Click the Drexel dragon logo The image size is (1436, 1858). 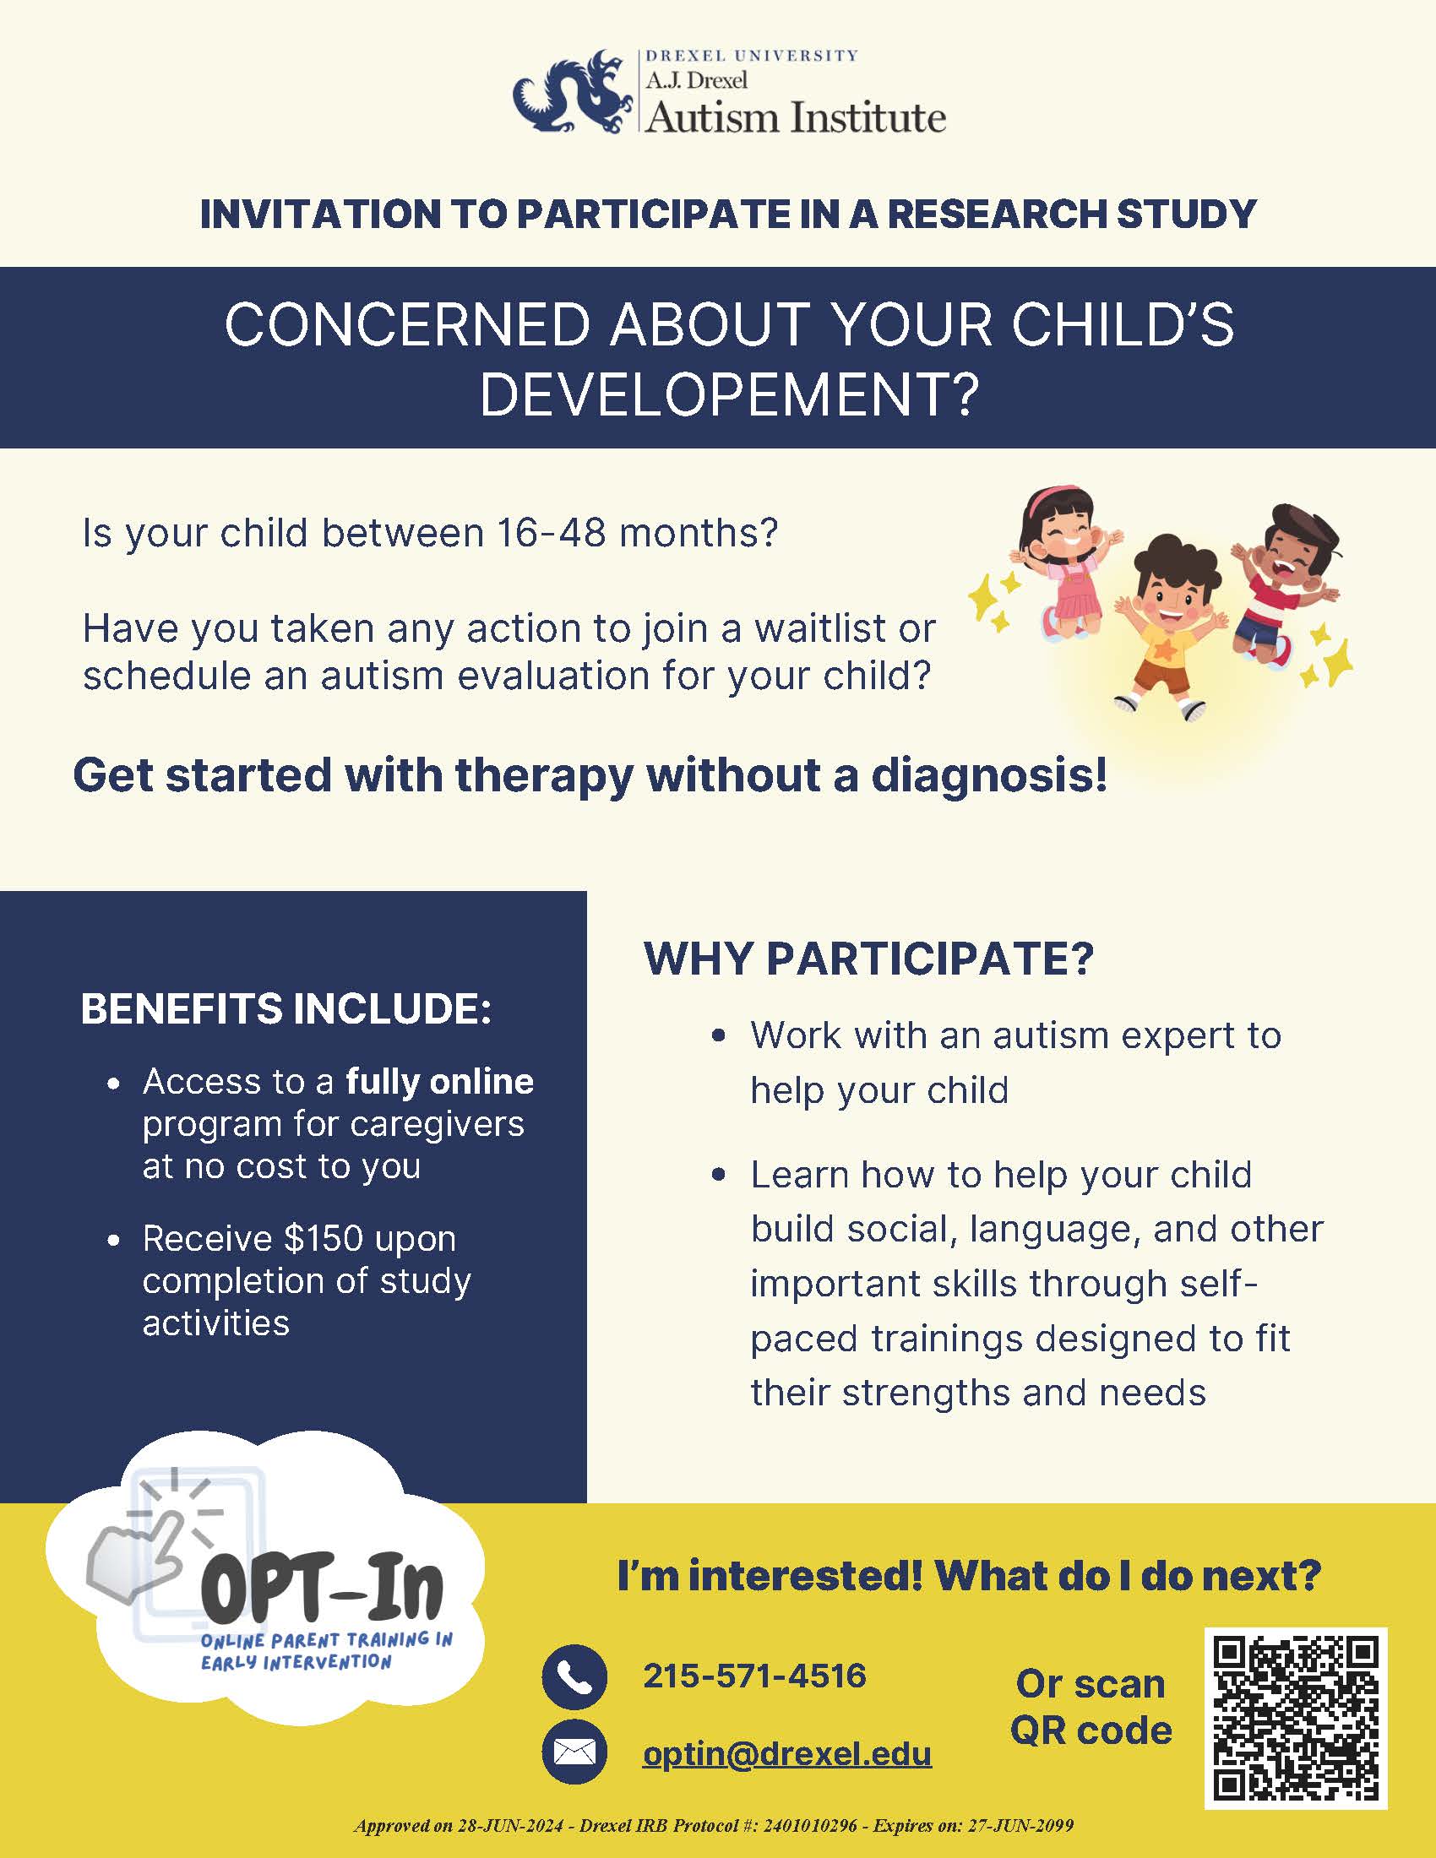point(574,93)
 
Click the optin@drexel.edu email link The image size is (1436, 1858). point(787,1753)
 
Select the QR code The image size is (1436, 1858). point(1296,1719)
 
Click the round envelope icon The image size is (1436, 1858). point(574,1752)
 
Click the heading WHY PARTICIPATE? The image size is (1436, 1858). point(868,959)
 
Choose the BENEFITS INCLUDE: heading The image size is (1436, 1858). point(286,1009)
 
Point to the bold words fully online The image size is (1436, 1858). point(439,1081)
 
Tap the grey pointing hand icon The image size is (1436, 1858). point(136,1558)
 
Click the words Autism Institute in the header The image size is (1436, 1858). point(796,117)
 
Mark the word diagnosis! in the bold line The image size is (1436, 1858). point(989,776)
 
